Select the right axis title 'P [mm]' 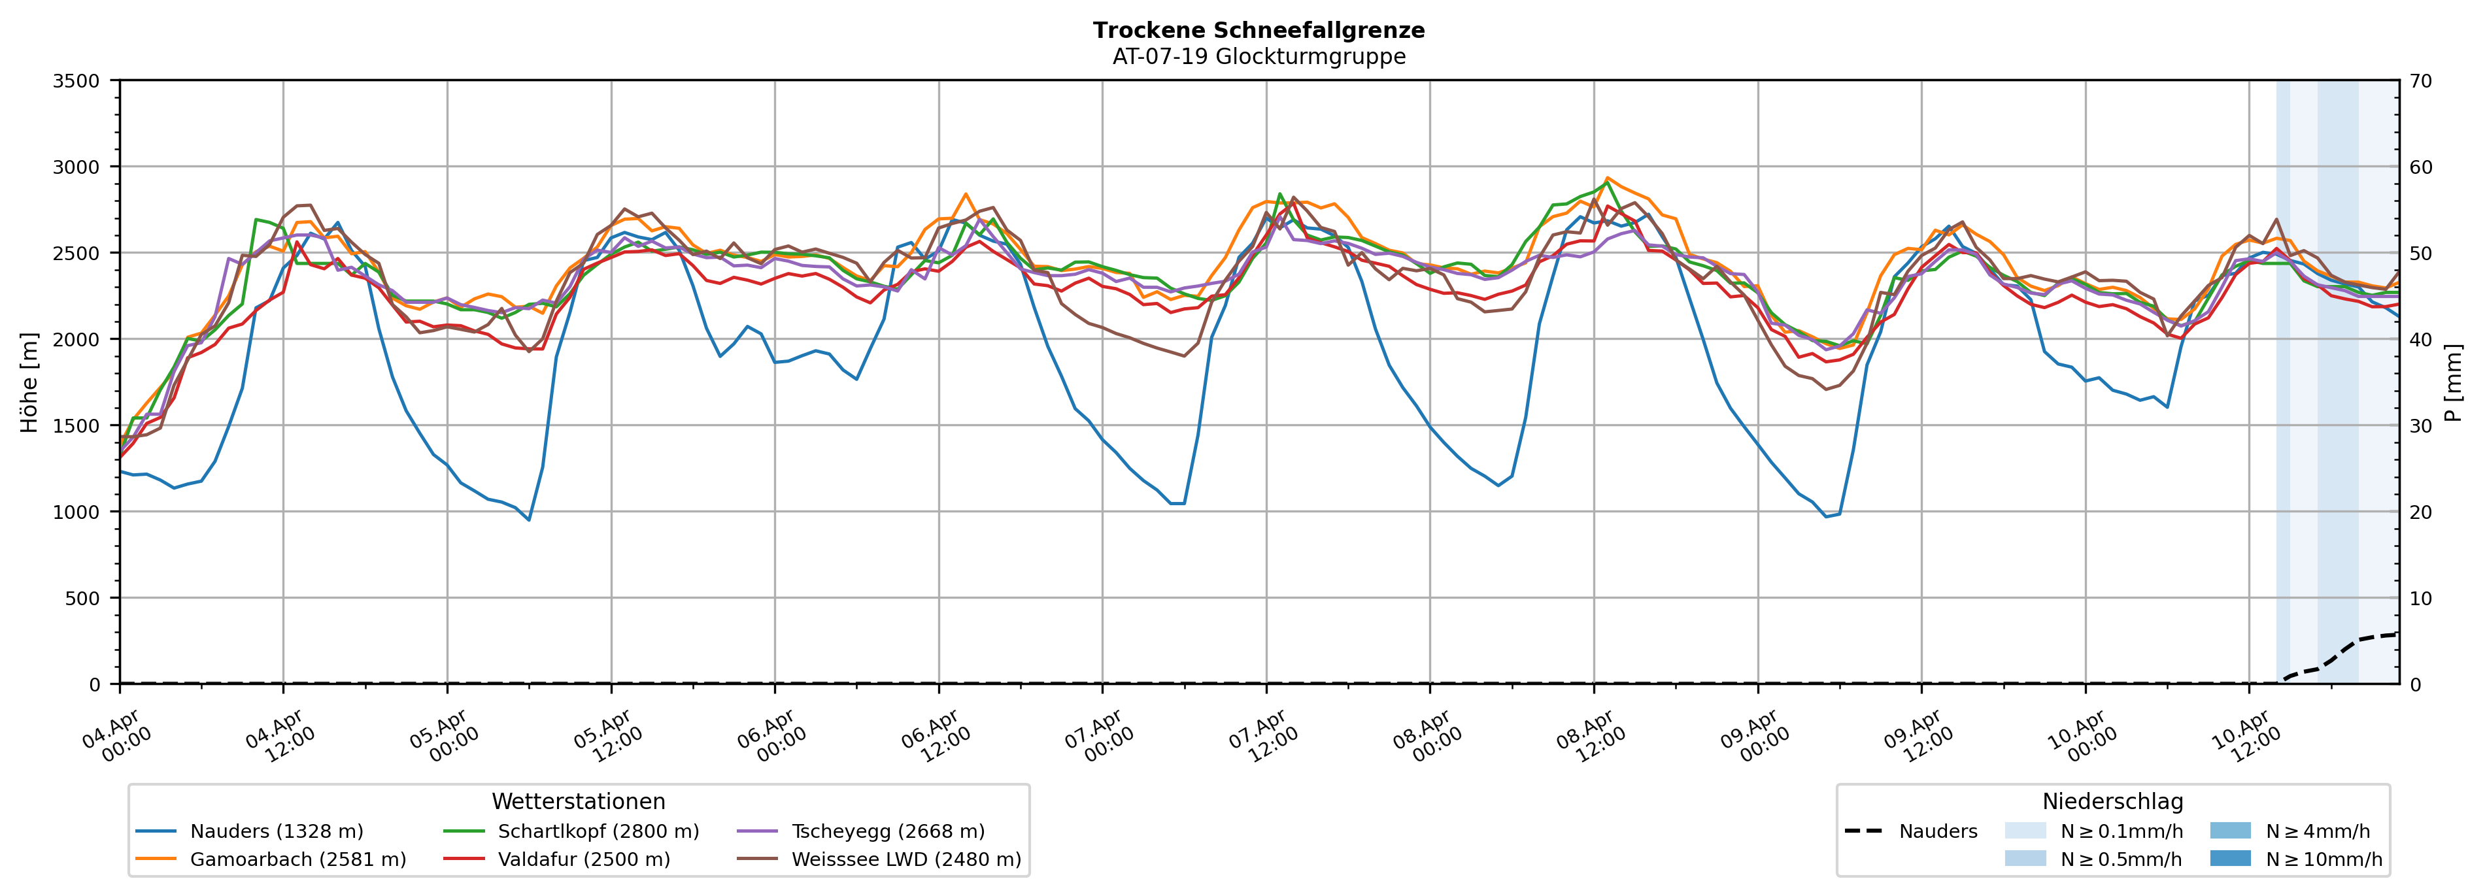[2455, 382]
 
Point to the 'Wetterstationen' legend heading [578, 801]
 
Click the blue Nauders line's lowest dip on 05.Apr [529, 520]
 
